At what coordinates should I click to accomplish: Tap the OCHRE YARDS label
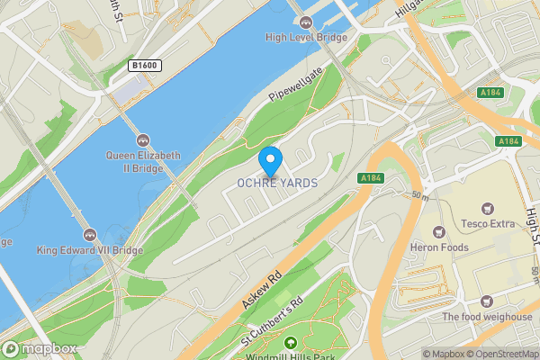(x=277, y=183)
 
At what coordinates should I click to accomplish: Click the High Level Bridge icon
(x=306, y=22)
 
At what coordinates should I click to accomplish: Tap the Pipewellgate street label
(x=294, y=87)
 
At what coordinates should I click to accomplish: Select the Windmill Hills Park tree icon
(x=290, y=342)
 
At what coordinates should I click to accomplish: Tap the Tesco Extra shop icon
(x=488, y=207)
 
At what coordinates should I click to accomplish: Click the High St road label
(x=532, y=229)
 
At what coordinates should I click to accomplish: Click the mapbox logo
(x=39, y=348)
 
